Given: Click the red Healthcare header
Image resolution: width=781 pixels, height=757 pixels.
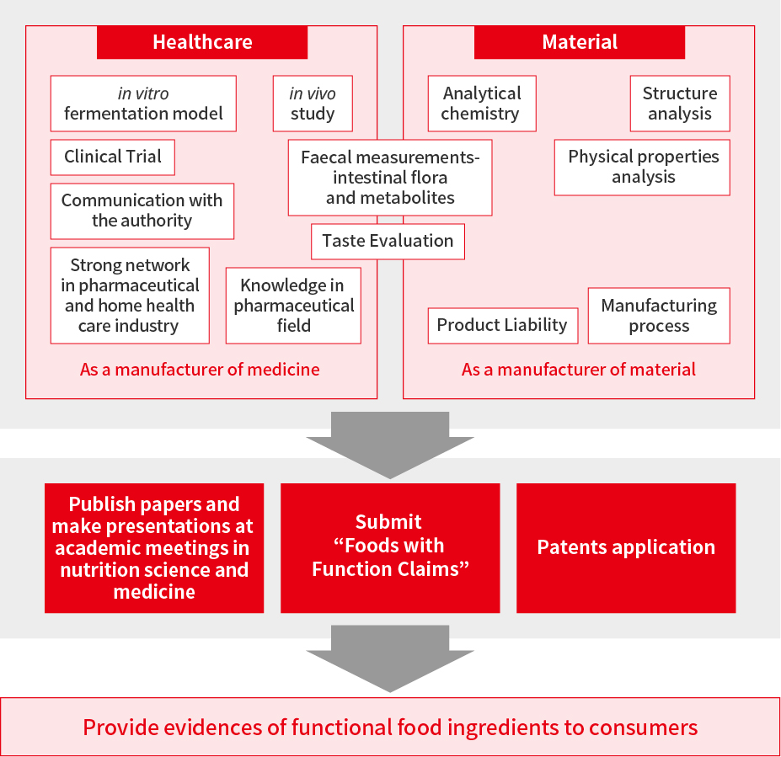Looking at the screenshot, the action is pos(201,42).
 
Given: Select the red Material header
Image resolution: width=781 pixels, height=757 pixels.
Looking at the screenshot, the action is pos(580,42).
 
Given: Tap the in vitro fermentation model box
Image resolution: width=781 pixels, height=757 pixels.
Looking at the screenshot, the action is pos(143,104).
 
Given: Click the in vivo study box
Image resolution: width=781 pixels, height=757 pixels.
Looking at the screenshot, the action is pos(313,104).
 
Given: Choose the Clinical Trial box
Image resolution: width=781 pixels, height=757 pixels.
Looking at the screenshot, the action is pos(113,157).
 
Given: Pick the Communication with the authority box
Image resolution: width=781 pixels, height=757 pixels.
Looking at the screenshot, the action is pos(142,211).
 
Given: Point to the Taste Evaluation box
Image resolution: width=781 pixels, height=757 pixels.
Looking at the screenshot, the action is pos(388,242).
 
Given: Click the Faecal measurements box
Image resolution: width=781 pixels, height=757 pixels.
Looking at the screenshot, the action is pos(390,178).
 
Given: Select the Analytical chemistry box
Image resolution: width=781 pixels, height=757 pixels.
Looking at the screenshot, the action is pos(482,104).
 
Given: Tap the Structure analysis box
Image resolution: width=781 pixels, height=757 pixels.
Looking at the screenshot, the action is pos(680,104).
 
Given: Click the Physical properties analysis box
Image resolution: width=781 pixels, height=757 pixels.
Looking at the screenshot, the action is pos(642,168).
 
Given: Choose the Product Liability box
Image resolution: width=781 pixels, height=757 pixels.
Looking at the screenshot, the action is pos(503,326).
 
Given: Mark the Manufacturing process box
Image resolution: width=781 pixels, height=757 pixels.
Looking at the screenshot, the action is pos(659,316).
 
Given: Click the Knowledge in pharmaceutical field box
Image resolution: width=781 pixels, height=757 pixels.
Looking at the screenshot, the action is pos(293,306).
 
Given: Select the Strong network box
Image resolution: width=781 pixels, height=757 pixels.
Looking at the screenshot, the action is pos(130,296).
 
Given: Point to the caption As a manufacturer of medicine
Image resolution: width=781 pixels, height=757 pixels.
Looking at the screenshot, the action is pos(200,370).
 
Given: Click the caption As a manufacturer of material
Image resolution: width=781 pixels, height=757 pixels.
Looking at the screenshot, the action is pos(578,370).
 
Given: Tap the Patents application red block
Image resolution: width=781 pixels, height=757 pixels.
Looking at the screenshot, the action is pos(626,548).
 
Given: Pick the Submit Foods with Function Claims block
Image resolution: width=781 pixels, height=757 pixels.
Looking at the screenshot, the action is pos(390,548).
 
